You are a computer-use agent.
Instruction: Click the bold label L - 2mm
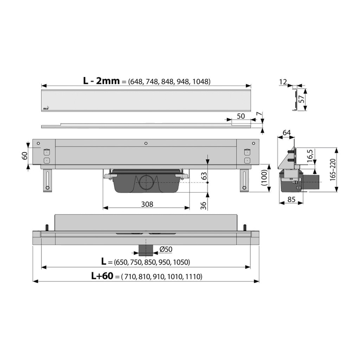101,81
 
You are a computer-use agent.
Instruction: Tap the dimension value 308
147,204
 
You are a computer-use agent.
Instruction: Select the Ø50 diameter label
166,249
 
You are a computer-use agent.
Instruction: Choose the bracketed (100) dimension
264,178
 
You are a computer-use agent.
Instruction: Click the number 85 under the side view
291,200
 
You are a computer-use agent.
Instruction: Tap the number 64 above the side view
287,133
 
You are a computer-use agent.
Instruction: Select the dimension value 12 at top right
283,82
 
